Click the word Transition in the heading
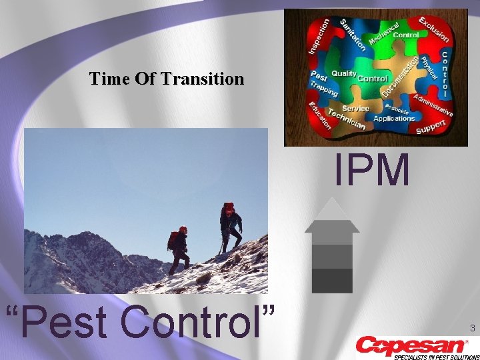click(207, 79)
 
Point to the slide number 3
click(472, 328)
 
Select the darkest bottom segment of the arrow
click(332, 280)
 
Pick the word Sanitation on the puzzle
click(353, 34)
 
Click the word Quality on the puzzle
click(344, 73)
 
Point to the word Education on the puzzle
click(318, 114)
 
